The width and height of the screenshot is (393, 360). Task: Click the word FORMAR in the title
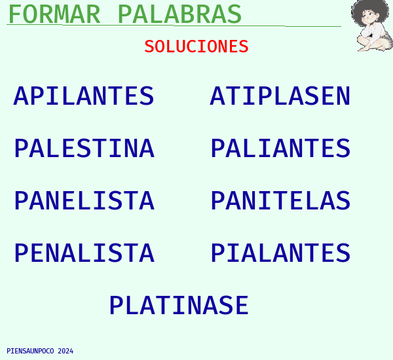pos(54,14)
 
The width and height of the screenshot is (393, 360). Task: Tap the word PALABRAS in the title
pos(179,14)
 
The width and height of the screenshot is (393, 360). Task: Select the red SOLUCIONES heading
pos(196,46)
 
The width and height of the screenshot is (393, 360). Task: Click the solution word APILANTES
pos(84,96)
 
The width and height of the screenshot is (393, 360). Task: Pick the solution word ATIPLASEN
pos(280,96)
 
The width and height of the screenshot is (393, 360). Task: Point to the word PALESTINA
pos(84,148)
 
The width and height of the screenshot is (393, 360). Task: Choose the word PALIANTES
pos(280,148)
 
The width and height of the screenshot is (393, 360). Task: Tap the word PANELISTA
pos(84,200)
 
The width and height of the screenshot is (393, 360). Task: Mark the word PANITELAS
pos(280,200)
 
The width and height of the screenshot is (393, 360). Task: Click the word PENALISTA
pos(84,253)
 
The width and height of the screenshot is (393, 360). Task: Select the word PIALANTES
pos(280,253)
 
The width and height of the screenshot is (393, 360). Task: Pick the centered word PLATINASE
pos(179,305)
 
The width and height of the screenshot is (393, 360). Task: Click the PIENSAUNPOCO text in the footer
pos(30,351)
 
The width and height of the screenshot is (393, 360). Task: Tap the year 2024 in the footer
pos(65,351)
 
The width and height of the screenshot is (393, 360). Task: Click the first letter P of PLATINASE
pos(117,305)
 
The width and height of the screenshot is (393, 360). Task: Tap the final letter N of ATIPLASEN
pos(343,96)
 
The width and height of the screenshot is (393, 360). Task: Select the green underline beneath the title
pos(174,26)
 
